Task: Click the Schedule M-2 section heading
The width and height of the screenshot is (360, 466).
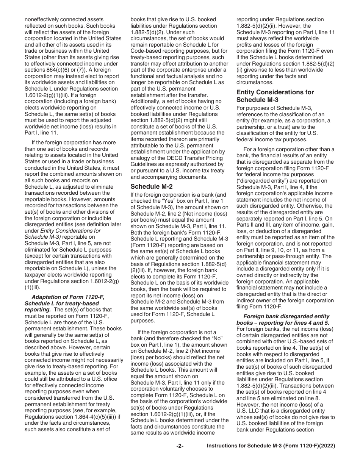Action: [x=149, y=186]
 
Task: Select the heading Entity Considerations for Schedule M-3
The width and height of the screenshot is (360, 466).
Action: [x=275, y=96]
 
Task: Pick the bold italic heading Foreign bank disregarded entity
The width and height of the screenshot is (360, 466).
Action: [x=286, y=316]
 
